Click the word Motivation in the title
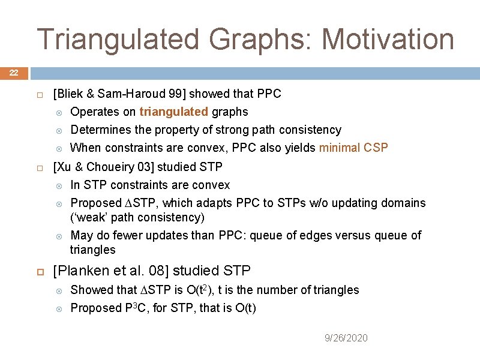388,39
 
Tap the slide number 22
13,73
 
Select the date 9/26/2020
346,338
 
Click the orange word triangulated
173,112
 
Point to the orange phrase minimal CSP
353,148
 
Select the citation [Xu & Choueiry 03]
106,166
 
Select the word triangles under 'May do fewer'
93,250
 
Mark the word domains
404,203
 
